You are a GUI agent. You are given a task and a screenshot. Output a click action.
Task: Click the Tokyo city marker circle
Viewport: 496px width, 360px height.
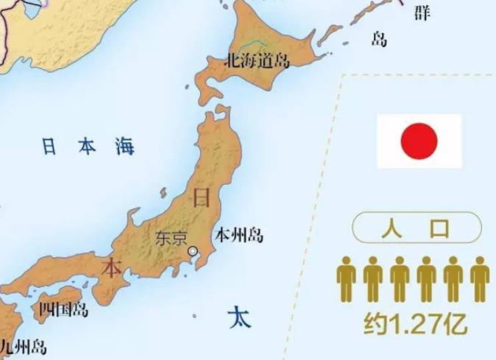click(x=193, y=251)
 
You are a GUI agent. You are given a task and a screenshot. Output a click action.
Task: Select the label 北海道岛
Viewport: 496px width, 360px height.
click(x=258, y=60)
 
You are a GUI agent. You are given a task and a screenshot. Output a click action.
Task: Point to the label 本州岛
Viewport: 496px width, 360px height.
click(x=238, y=236)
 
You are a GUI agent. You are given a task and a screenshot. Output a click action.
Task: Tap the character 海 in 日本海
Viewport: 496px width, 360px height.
click(x=124, y=146)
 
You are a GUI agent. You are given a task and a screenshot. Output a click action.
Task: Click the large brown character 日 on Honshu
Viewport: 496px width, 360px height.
click(x=200, y=197)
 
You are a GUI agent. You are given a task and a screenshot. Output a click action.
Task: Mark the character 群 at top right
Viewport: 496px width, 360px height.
click(x=422, y=13)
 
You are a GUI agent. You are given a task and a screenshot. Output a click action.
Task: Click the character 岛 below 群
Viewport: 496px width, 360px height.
click(x=379, y=39)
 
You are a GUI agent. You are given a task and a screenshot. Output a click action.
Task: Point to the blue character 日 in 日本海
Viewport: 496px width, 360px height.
click(x=49, y=147)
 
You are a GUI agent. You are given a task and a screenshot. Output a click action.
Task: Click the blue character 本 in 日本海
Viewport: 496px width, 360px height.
click(x=86, y=147)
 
